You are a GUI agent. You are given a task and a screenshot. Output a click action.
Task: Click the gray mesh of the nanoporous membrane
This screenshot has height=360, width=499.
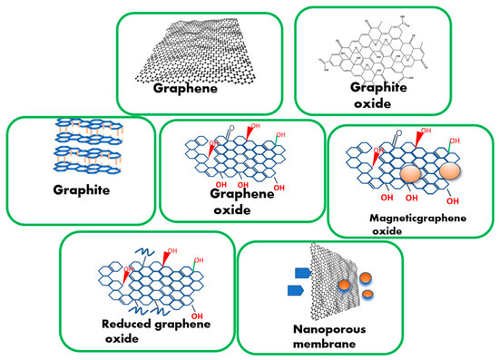(x=331, y=277)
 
